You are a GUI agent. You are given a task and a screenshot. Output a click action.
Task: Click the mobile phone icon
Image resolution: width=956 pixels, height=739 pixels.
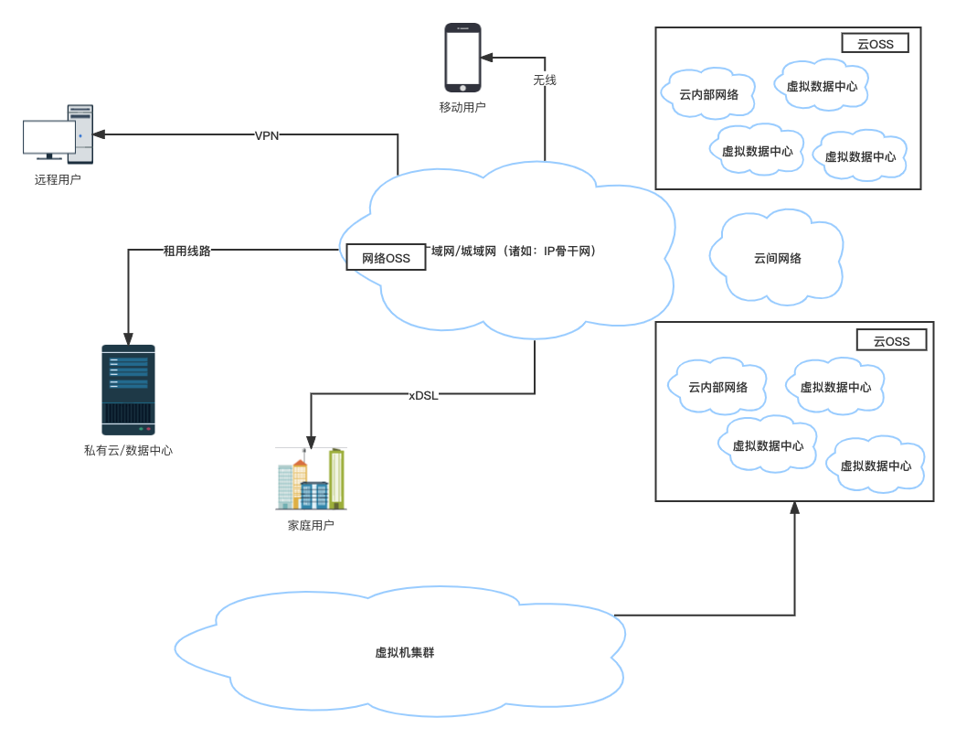click(462, 58)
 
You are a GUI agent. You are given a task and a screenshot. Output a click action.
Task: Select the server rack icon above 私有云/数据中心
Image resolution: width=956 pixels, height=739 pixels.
click(128, 389)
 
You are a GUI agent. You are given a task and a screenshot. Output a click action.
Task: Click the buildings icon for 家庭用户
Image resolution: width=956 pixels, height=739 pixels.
click(311, 479)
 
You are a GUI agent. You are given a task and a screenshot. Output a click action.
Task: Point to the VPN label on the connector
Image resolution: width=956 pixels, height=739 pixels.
click(267, 135)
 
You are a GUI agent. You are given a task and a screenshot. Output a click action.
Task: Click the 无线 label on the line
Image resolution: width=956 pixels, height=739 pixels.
click(545, 80)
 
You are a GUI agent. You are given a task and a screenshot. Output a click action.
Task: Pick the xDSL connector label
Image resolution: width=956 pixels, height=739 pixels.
click(424, 395)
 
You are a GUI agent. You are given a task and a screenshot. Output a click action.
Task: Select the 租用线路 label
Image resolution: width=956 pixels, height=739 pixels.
click(186, 250)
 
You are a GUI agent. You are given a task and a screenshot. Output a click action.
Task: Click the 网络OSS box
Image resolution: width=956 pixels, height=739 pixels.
click(386, 258)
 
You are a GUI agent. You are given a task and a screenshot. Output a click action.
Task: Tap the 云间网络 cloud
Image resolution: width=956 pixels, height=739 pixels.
click(778, 258)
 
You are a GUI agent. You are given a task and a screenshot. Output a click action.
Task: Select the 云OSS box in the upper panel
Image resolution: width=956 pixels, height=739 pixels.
click(875, 43)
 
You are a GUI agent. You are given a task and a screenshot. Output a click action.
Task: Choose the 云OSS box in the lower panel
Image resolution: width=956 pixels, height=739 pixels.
click(891, 340)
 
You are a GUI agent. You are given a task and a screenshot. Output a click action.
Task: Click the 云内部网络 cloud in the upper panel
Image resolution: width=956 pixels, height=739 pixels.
click(709, 93)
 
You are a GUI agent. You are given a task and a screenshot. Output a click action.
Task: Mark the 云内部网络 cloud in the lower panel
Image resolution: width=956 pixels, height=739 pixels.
click(718, 387)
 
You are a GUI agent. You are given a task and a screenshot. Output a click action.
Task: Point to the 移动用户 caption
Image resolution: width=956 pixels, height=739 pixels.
click(462, 107)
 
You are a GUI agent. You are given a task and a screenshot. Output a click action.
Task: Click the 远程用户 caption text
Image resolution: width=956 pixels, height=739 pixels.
click(58, 179)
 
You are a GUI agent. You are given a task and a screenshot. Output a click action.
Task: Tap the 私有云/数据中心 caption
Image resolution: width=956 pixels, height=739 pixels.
click(128, 450)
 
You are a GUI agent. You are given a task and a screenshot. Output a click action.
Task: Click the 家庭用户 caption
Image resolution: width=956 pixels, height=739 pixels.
click(311, 525)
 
